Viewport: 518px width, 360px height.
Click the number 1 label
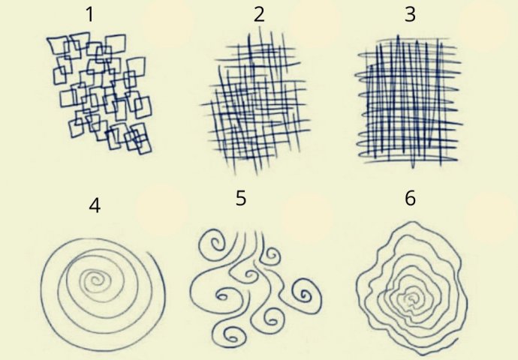coord(89,15)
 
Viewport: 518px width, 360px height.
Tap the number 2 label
coord(259,15)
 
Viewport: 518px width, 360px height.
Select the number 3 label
coord(410,15)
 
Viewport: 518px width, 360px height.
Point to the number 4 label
coord(95,205)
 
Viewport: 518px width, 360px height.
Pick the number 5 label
coord(241,198)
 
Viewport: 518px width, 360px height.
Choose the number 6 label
coord(410,198)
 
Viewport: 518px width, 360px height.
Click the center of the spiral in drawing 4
coord(95,280)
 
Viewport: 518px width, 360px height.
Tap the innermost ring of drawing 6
coord(411,298)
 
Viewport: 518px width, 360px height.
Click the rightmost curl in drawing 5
coord(306,294)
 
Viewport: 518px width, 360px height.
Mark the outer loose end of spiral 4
coord(149,253)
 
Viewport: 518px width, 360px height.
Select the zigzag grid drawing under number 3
coord(408,100)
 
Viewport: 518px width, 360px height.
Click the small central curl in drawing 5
coord(250,274)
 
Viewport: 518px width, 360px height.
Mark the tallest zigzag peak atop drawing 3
coord(399,36)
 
